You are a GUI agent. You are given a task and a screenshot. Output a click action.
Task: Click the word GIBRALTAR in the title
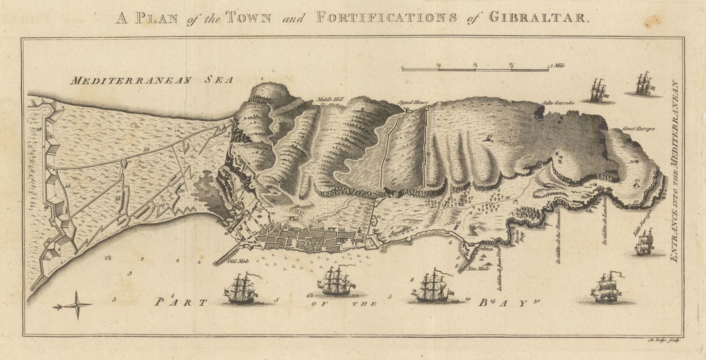pyautogui.click(x=538, y=17)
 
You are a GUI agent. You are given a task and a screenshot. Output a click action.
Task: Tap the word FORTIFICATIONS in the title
pyautogui.click(x=386, y=17)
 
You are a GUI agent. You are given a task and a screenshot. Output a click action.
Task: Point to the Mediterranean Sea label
pyautogui.click(x=151, y=80)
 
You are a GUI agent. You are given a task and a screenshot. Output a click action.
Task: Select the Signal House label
pyautogui.click(x=413, y=102)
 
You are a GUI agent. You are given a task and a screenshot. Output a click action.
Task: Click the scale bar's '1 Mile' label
pyautogui.click(x=558, y=65)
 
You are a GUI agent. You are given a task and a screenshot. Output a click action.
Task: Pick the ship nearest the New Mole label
pyautogui.click(x=432, y=286)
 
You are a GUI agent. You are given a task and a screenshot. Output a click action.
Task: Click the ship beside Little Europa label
pyautogui.click(x=644, y=242)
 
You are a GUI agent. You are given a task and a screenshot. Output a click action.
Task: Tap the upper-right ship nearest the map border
pyautogui.click(x=644, y=84)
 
